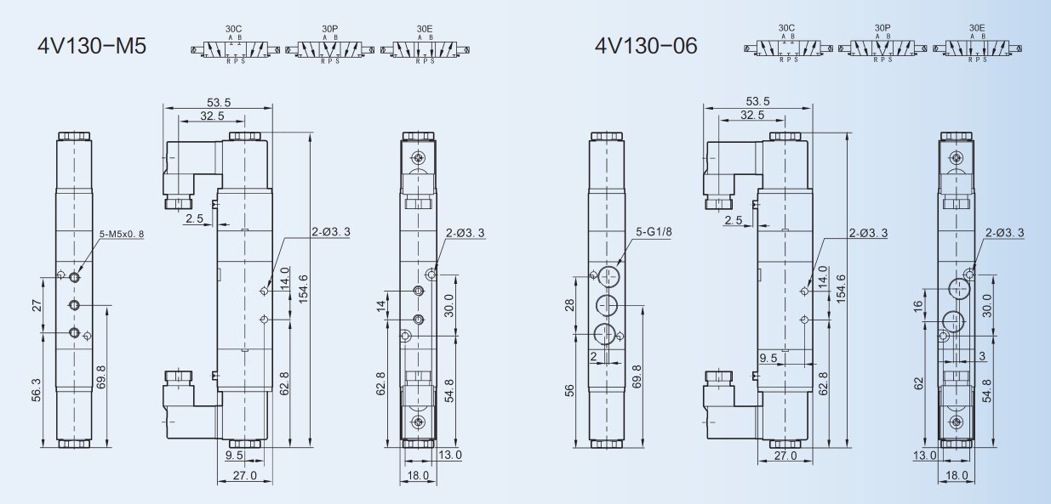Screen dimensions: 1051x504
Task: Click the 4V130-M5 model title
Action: pyautogui.click(x=92, y=46)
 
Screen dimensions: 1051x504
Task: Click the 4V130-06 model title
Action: pyautogui.click(x=646, y=45)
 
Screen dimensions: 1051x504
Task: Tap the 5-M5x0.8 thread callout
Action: pyautogui.click(x=122, y=234)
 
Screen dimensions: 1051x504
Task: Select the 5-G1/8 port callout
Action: pyautogui.click(x=654, y=231)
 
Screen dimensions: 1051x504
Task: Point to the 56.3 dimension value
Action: pyautogui.click(x=37, y=390)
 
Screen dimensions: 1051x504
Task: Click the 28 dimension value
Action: pyautogui.click(x=569, y=305)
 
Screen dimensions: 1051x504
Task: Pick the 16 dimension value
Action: pyautogui.click(x=918, y=306)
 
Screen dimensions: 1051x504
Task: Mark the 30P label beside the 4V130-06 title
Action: pyautogui.click(x=882, y=28)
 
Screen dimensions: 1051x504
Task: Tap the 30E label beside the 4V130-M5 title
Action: pyautogui.click(x=425, y=29)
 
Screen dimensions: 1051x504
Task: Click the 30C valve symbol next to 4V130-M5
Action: pyautogui.click(x=235, y=49)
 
